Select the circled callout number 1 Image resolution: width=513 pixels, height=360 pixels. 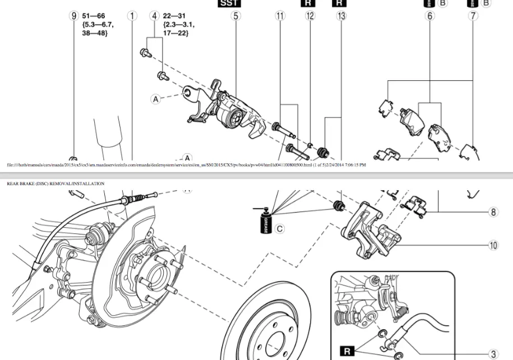coord(132,16)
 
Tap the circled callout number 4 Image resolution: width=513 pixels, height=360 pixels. coord(155,16)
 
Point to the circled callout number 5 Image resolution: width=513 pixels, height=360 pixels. coord(235,16)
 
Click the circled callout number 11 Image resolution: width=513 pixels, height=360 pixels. coord(280,16)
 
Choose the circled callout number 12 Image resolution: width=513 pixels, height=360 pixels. coord(310,16)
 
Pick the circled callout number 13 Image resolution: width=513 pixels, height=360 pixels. coord(341,16)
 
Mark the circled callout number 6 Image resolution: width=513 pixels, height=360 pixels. coord(430,16)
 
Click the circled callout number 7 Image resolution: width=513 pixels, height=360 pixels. coord(474,16)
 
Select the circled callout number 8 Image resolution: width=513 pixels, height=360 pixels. coord(493,212)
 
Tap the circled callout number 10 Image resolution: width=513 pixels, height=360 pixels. coord(493,245)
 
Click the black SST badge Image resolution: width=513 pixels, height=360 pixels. coord(228,3)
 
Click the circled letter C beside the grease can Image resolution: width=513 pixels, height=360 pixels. coord(280,228)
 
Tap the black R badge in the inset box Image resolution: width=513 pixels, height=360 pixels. coord(348,351)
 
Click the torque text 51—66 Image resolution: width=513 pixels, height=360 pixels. coord(93,16)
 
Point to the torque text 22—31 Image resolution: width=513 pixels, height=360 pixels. coord(175,16)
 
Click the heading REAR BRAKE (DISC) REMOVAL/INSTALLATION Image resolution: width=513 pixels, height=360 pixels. coord(56,183)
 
